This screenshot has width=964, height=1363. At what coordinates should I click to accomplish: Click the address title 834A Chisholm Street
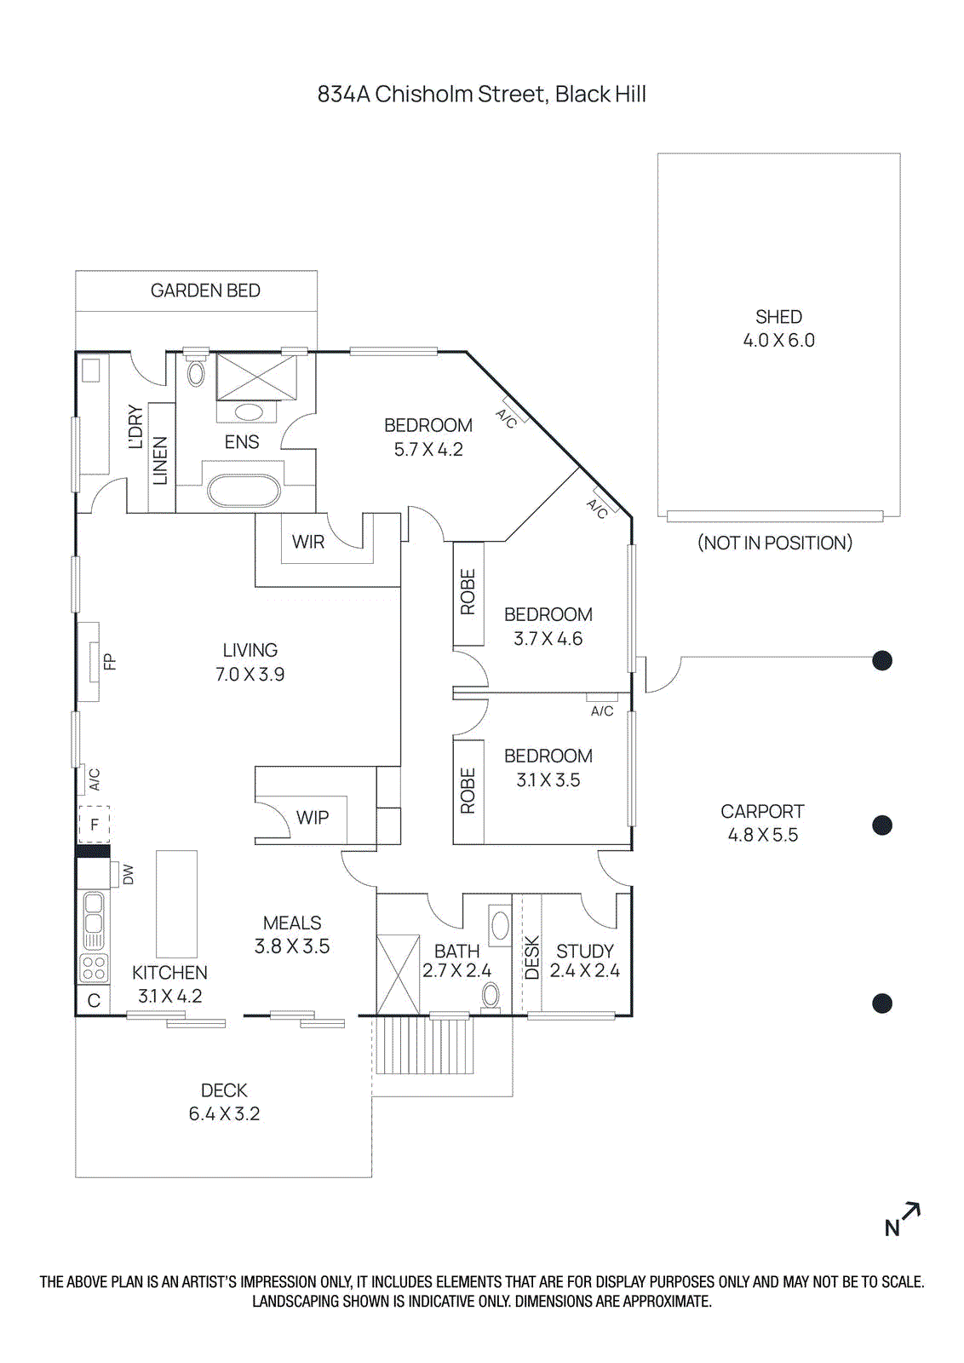pos(481,94)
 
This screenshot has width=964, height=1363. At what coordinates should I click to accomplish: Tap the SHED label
pos(778,317)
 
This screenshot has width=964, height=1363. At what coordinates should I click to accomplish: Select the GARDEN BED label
pos(205,290)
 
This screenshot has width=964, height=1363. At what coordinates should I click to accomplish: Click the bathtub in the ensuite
pos(244,492)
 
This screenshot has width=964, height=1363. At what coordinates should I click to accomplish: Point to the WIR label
pos(307,542)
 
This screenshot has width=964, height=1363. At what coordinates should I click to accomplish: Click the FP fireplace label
pos(109,661)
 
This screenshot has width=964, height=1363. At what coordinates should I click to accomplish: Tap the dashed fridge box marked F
pos(95,824)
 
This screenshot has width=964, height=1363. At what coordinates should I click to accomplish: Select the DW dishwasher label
pos(129,874)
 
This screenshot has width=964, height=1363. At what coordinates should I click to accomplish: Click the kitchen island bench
pos(176,904)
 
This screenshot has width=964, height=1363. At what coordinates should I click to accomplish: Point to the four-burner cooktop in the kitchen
pos(94,968)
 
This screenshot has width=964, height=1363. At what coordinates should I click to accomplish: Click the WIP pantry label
pos(312,818)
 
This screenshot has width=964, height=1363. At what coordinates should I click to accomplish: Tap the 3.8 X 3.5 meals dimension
pos(292,946)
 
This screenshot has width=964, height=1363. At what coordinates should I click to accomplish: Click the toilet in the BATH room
pos(491,995)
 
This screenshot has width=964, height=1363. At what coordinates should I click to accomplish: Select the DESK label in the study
pos(532,958)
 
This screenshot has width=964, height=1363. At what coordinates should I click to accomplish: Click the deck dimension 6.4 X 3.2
pos(224,1114)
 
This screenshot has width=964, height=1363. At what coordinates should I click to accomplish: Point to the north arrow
pos(903,1220)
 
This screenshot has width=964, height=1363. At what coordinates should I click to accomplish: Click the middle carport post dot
pos(882,825)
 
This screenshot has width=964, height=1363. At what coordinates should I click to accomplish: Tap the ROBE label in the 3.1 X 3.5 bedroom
pos(468,791)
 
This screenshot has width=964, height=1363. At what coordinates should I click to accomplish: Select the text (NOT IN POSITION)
pos(774,543)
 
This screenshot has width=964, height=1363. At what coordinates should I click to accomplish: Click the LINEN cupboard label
pos(160,460)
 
